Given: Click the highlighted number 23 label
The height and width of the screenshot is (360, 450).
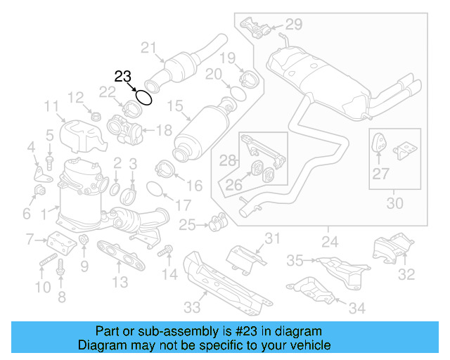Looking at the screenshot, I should click(123, 77).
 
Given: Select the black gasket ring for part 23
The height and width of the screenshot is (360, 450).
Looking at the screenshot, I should click(143, 97).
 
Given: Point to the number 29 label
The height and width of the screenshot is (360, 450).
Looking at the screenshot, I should click(293, 25).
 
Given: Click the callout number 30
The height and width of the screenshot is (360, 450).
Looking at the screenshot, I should click(395, 204).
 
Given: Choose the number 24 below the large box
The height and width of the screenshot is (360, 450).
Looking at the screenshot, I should click(328, 243).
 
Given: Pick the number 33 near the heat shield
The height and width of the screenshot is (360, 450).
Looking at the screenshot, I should click(192, 307).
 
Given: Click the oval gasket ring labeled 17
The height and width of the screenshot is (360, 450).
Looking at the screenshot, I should click(157, 188).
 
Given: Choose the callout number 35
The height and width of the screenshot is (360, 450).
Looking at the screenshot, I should click(295, 261).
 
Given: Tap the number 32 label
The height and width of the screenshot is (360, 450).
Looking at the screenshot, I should click(406, 275).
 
